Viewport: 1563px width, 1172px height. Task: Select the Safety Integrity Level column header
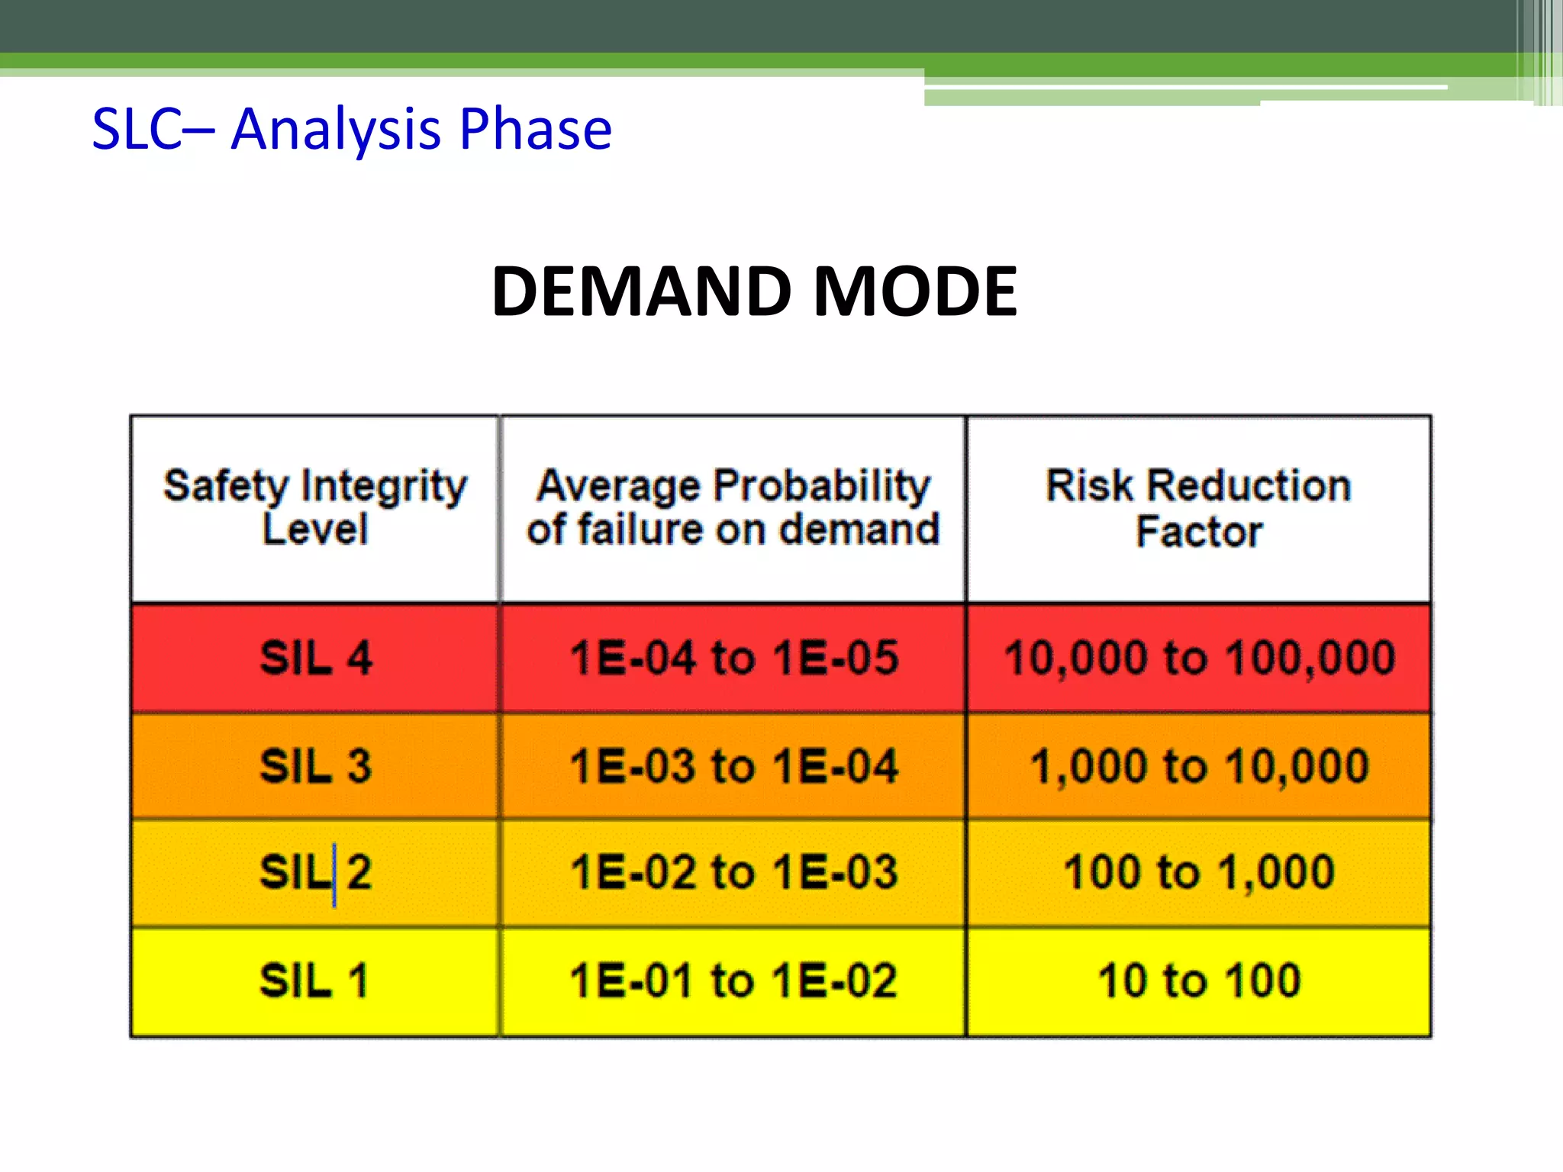point(315,507)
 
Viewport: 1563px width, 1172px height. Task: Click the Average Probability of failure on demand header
point(733,507)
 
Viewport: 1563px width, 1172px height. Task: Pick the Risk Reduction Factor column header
point(1198,508)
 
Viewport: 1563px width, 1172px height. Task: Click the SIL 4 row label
point(315,658)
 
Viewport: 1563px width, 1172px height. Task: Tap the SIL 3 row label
point(315,766)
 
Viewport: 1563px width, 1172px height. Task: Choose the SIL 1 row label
point(315,981)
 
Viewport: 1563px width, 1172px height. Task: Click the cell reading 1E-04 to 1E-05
point(733,658)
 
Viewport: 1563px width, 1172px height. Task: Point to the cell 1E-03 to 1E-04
point(733,766)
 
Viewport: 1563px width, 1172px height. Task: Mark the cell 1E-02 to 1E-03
point(733,872)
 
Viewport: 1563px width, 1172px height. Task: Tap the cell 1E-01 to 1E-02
point(733,981)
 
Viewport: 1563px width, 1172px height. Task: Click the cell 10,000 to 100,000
point(1199,658)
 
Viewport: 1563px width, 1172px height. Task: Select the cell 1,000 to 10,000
point(1199,766)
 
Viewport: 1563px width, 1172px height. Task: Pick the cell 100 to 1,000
point(1199,872)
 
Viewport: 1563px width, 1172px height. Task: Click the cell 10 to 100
point(1199,981)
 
